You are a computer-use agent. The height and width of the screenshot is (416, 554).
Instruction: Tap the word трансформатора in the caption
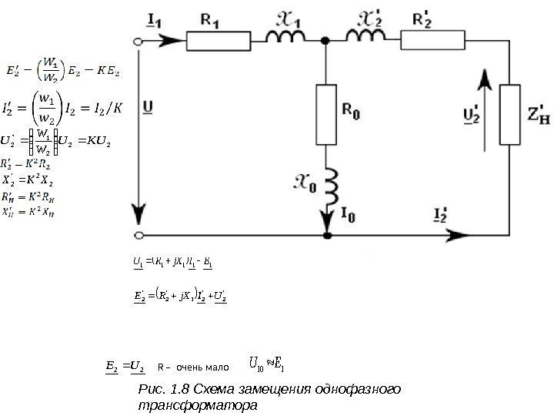click(195, 403)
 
